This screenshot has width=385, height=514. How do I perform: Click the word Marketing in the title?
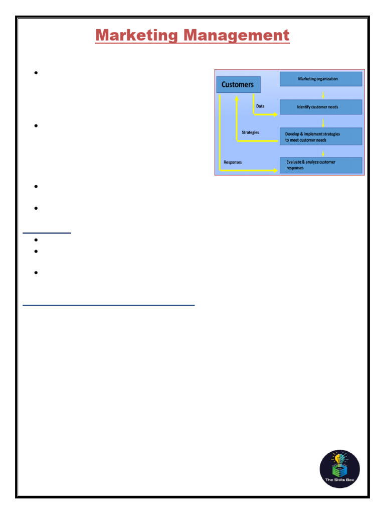point(136,36)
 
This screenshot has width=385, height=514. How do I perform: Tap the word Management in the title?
point(237,36)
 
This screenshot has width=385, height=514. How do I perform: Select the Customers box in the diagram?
point(238,84)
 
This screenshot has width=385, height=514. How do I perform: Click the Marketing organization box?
point(321,79)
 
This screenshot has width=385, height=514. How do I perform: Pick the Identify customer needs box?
point(321,107)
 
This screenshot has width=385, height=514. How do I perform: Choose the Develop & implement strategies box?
point(321,137)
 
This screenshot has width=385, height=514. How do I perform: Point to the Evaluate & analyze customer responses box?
point(321,165)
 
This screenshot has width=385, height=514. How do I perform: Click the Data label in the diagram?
point(260,106)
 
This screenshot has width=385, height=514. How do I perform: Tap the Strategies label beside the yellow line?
point(250,133)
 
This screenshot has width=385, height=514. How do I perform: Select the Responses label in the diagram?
point(233,162)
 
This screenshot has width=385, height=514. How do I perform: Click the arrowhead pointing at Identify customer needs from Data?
point(275,114)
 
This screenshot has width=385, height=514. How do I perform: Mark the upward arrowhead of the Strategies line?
point(237,98)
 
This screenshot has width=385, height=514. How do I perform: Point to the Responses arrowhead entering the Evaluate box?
point(275,171)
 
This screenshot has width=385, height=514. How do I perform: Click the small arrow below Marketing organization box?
point(323,95)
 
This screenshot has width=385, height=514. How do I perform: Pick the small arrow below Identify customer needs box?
point(323,123)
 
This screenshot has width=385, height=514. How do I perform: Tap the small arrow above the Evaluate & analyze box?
point(323,154)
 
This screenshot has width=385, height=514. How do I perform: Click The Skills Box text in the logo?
point(339,480)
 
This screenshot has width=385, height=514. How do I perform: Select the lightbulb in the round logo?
point(336,458)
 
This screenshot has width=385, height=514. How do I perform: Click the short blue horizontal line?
point(47,233)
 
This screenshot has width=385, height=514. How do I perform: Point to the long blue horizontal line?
point(109,305)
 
